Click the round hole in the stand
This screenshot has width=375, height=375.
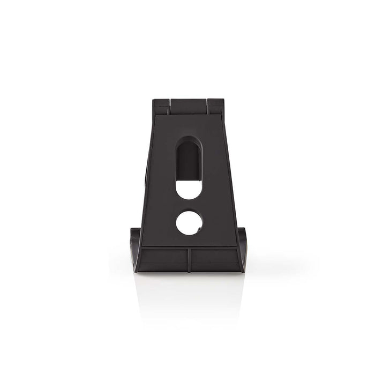click(x=189, y=221)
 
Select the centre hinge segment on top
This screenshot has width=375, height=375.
click(x=188, y=102)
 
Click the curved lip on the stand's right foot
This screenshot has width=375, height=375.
click(x=242, y=246)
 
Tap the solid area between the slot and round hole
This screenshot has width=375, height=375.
click(x=189, y=205)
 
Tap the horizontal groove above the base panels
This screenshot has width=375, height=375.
click(x=188, y=247)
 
